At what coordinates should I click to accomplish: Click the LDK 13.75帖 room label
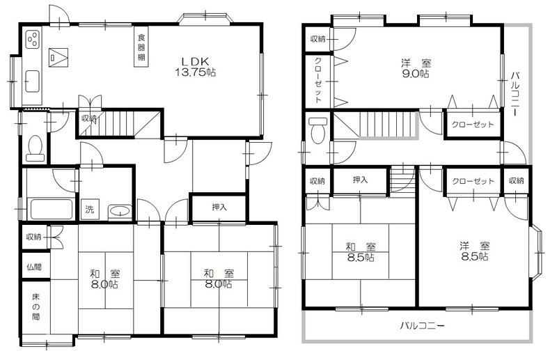click(x=195, y=66)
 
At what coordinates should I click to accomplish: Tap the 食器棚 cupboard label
click(x=141, y=47)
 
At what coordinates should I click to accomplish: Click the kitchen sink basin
click(x=32, y=81)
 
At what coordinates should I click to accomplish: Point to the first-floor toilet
click(x=36, y=149)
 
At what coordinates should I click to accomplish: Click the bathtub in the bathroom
click(x=51, y=210)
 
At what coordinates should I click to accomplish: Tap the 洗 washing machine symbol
click(x=90, y=210)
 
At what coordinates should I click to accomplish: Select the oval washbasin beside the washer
click(x=120, y=212)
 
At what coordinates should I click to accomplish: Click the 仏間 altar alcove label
click(x=33, y=267)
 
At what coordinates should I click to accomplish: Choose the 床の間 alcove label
click(x=36, y=306)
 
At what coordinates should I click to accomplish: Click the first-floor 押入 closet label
click(x=219, y=207)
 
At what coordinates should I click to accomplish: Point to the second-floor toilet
click(x=318, y=130)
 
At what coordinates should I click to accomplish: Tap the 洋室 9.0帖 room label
click(x=415, y=69)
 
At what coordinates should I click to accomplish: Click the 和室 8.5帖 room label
click(x=361, y=251)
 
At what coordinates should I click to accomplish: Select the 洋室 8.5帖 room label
click(x=475, y=251)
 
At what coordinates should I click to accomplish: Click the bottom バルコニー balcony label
click(x=423, y=325)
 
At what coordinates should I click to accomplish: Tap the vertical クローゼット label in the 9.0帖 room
click(x=318, y=80)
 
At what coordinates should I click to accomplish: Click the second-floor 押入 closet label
click(x=360, y=180)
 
